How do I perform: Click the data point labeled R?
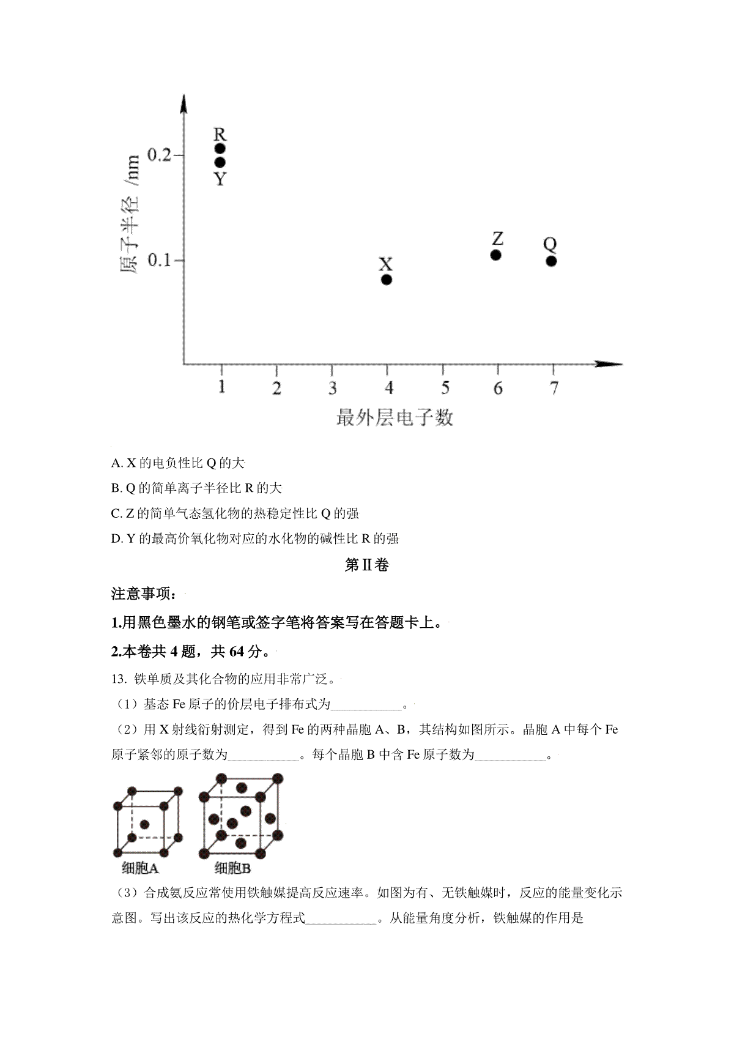220,148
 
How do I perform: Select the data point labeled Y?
220,162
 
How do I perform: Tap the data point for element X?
387,280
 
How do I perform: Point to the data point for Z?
496,255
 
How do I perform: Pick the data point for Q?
551,261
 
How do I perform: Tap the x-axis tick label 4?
388,388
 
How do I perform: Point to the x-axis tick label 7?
554,388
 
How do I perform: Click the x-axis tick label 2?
277,388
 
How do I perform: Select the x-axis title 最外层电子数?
395,418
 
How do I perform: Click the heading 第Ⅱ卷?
366,565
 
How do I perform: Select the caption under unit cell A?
140,867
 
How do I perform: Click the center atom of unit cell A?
144,825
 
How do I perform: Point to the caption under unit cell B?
233,867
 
